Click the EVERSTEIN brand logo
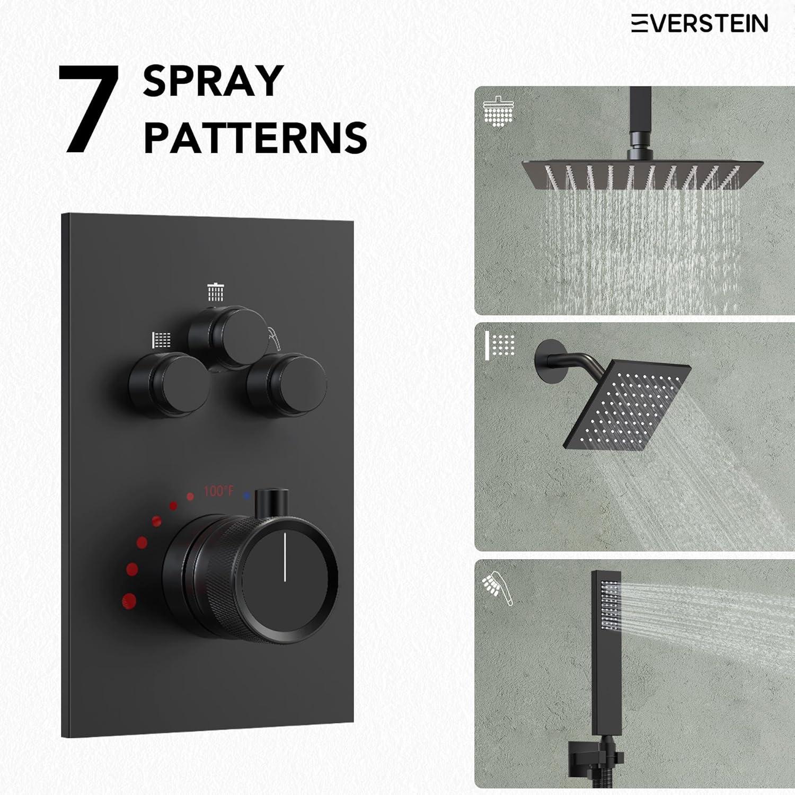(699, 24)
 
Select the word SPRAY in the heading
(213, 81)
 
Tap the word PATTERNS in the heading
(255, 137)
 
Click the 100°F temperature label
(218, 491)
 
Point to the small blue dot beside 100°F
(246, 496)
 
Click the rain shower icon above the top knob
(216, 291)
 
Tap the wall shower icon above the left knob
(162, 340)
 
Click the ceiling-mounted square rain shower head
(631, 175)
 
